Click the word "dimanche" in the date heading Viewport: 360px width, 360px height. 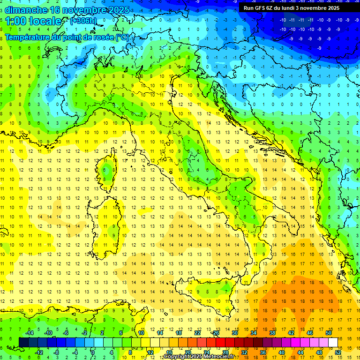click(25, 10)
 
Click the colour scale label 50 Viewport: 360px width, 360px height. click(328, 333)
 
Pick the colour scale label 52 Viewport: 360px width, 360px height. click(337, 352)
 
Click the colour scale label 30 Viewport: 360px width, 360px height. click(234, 333)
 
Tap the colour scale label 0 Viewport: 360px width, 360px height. click(93, 352)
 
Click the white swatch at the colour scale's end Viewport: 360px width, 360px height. click(333, 342)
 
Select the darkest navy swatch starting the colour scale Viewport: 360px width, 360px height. click(23, 342)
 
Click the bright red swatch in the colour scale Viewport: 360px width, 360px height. click(220, 342)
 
